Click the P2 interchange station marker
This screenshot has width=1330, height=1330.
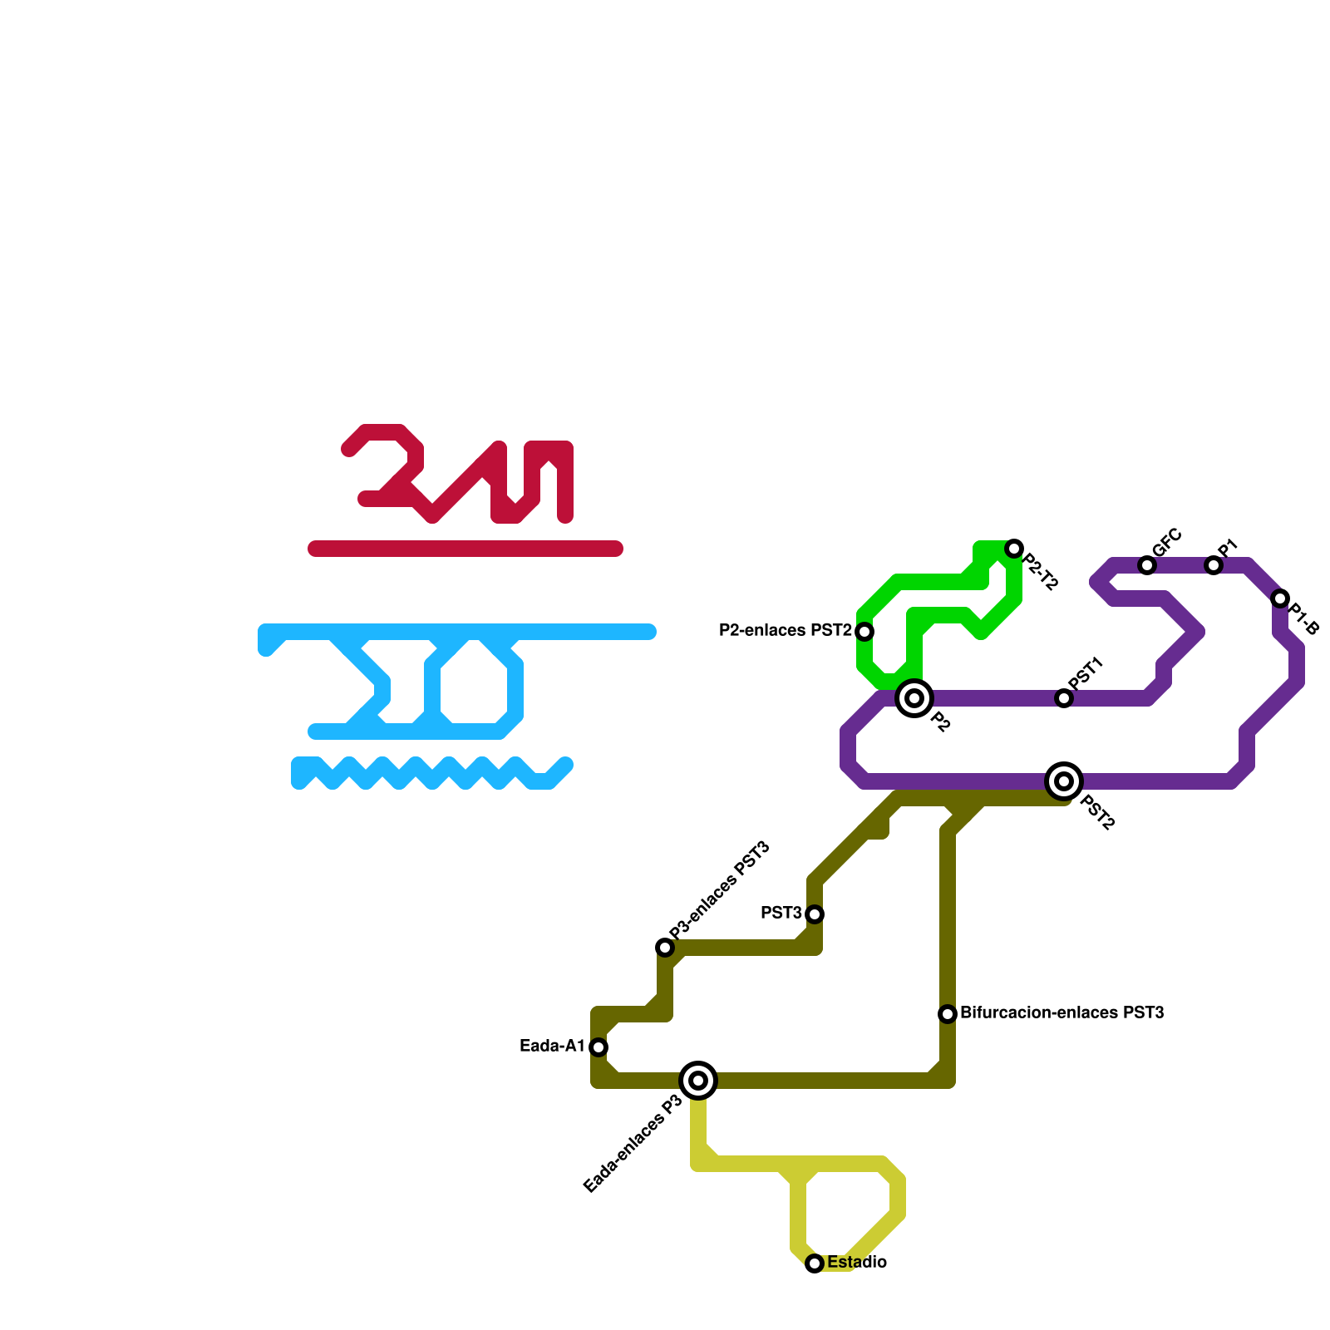[914, 698]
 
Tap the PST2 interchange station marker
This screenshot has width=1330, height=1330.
[1064, 781]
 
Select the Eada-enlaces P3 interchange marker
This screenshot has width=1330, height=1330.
[698, 1081]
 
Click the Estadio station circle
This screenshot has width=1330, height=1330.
[815, 1263]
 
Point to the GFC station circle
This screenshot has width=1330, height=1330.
[1147, 565]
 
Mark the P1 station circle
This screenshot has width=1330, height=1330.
[1214, 565]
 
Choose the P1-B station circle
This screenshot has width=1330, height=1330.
[1280, 598]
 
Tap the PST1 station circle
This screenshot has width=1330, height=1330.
[1064, 698]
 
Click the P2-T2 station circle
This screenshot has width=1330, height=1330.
[1014, 549]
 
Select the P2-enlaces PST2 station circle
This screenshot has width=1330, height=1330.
[864, 632]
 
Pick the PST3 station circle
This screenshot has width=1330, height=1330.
[815, 914]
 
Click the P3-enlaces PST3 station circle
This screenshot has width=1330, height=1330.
[665, 948]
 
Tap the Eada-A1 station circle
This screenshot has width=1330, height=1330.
[598, 1047]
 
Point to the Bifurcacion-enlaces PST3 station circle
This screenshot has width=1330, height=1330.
[948, 1014]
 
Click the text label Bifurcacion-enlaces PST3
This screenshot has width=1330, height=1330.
[1062, 1013]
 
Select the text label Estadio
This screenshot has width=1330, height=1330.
[856, 1263]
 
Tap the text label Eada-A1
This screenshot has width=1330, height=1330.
[552, 1047]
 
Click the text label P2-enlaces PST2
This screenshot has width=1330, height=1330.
[785, 631]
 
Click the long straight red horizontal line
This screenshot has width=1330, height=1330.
[465, 549]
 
